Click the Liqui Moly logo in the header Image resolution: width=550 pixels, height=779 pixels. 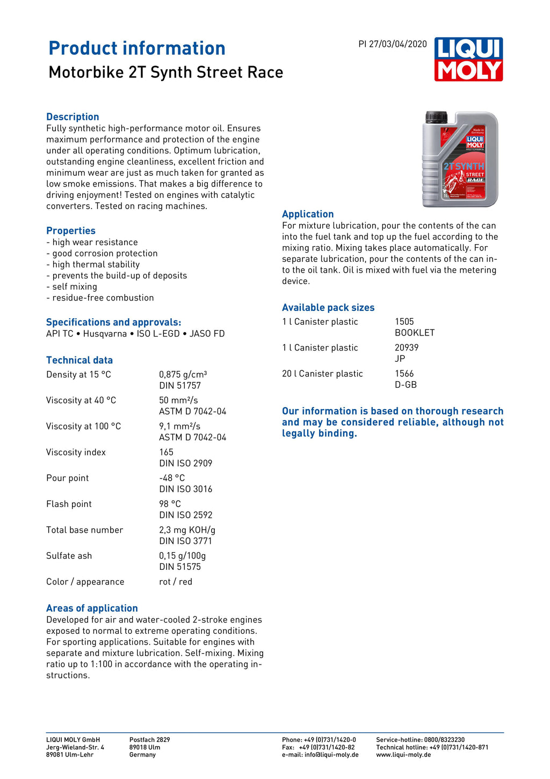(468, 59)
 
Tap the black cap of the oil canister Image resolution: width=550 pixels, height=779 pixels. (436, 117)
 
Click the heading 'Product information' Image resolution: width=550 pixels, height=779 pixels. (137, 48)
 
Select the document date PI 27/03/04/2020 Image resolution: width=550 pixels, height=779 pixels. (393, 44)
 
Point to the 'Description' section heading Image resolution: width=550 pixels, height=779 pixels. (73, 117)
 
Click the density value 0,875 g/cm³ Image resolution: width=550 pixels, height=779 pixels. (183, 375)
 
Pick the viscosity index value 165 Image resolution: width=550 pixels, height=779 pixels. (166, 452)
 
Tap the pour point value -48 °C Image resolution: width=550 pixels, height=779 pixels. (172, 478)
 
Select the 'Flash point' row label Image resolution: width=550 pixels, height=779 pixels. (69, 504)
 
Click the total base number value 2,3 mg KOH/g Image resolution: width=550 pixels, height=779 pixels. (187, 530)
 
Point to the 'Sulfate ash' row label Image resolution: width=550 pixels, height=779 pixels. (69, 555)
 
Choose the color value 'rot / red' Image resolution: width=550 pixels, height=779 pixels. (176, 582)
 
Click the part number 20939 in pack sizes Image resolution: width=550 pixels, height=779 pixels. (407, 348)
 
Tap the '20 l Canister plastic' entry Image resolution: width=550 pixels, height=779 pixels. (322, 374)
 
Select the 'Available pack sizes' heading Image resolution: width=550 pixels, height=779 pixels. (328, 308)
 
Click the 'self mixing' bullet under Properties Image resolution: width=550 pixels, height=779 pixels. (75, 287)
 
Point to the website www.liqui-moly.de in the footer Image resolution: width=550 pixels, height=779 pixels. (403, 755)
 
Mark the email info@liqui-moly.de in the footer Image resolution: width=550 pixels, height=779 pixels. (320, 755)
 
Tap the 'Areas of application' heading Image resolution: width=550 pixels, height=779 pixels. (92, 608)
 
